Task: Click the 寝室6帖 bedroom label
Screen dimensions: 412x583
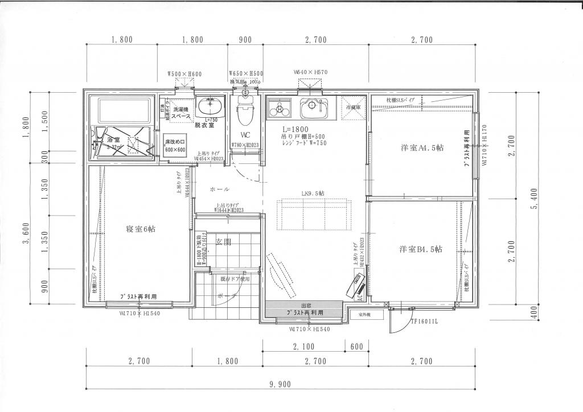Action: point(141,229)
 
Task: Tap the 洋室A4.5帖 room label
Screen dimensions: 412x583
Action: point(422,148)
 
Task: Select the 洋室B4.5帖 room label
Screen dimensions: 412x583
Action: point(421,249)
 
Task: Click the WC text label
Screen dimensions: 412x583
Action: point(246,135)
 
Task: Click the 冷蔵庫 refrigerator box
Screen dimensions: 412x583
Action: point(353,106)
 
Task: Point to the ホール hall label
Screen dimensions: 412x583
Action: point(220,188)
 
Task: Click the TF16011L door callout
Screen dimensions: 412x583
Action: point(424,322)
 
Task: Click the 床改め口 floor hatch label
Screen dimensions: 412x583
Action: point(175,142)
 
